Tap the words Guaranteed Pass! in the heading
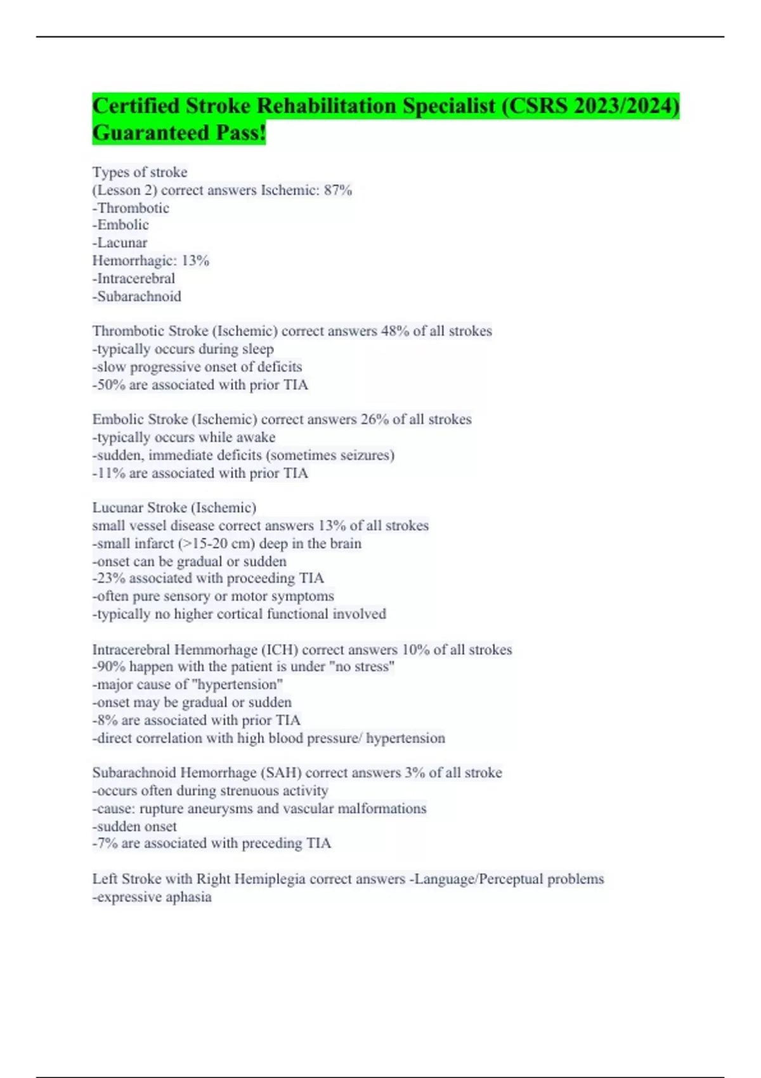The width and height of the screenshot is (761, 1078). (x=179, y=133)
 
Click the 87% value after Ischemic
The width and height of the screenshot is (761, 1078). (x=337, y=190)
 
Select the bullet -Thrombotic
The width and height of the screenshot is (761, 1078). (x=131, y=208)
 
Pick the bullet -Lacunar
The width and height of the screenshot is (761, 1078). (x=120, y=243)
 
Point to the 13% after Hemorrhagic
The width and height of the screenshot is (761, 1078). (x=195, y=261)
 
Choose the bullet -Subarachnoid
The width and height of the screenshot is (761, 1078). (x=137, y=296)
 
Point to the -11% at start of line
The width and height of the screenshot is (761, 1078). (x=109, y=473)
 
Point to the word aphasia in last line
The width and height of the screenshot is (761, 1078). (x=188, y=897)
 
